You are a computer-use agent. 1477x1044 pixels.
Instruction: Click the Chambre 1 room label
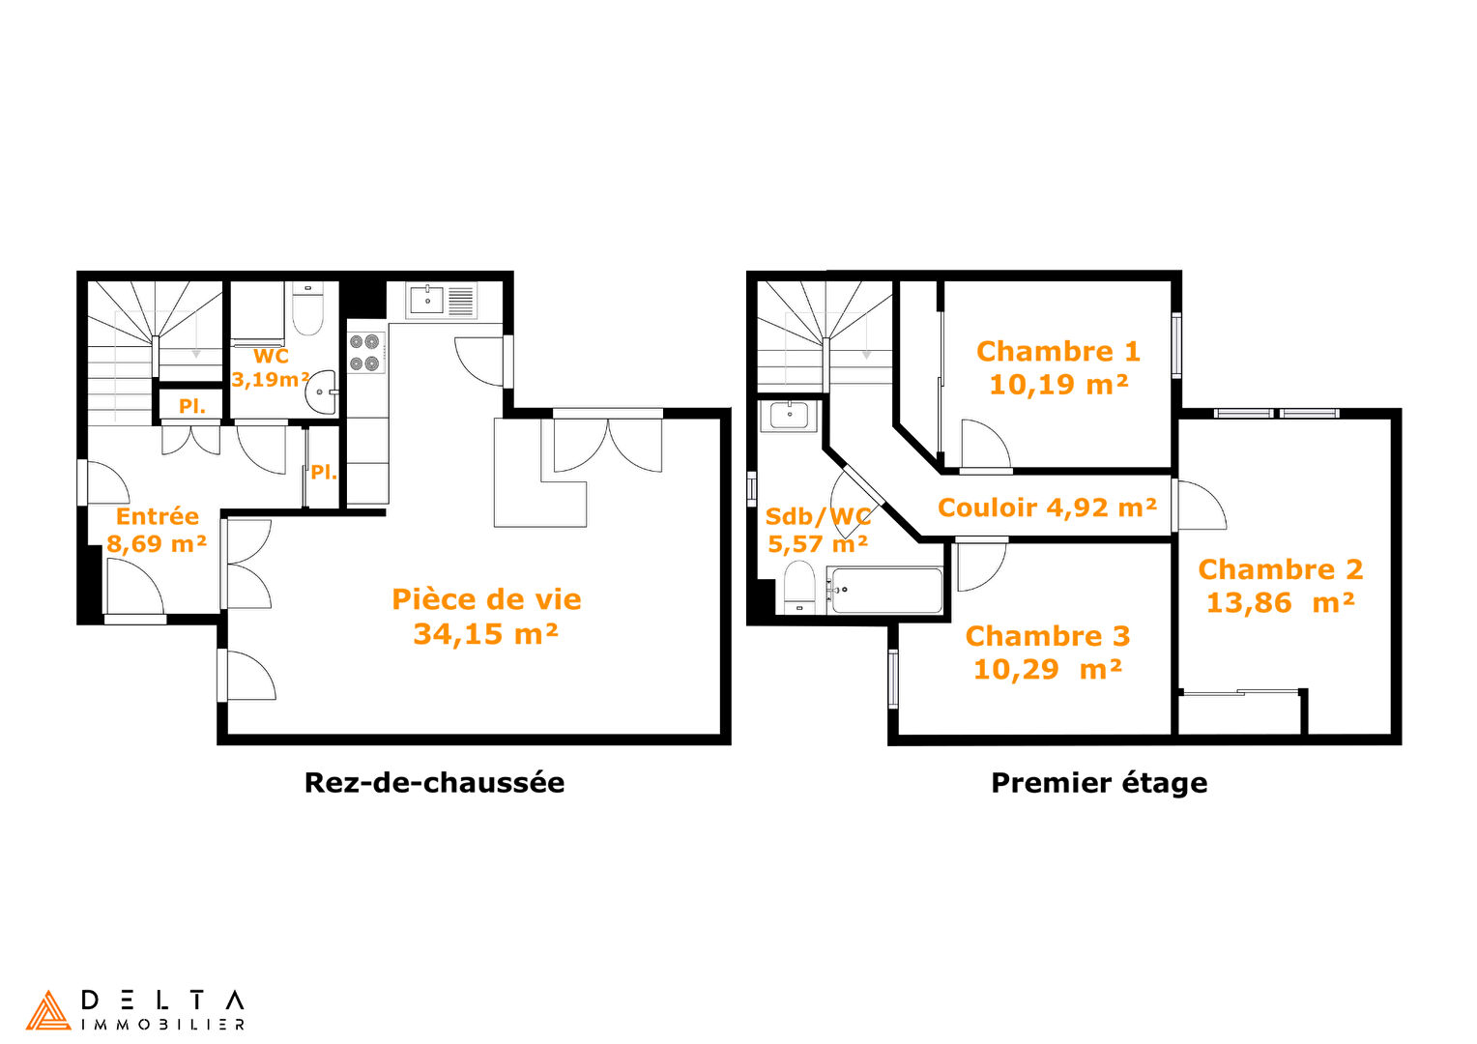1058,352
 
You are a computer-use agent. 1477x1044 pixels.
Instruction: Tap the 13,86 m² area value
1281,603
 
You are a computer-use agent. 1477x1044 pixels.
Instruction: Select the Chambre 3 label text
1048,636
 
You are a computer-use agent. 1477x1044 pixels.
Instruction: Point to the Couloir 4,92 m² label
1047,507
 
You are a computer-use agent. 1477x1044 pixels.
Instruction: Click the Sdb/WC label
819,516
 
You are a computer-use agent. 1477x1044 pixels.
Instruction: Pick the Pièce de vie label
486,600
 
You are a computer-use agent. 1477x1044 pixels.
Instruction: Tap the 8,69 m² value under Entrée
157,544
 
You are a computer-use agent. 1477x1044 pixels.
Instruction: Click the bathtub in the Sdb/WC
886,591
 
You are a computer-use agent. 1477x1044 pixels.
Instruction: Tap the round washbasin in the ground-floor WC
322,392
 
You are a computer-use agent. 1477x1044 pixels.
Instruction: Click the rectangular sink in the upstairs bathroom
789,416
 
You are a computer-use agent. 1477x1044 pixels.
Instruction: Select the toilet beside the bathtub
799,587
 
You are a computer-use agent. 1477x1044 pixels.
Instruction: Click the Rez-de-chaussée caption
435,783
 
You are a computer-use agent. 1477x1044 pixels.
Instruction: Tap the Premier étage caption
1099,784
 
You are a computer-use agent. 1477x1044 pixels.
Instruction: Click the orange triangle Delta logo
48,1010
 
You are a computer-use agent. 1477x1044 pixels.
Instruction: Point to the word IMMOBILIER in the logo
162,1025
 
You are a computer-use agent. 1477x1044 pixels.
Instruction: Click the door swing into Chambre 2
1202,506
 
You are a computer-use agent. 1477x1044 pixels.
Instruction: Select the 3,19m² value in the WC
271,380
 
